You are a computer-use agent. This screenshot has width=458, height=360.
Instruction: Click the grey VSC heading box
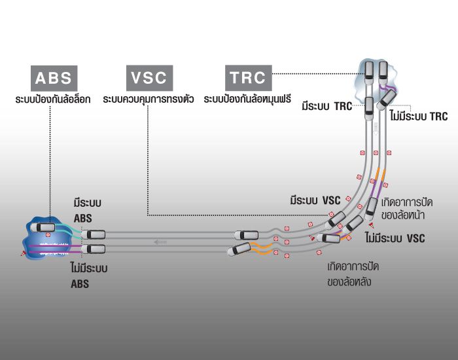point(149,78)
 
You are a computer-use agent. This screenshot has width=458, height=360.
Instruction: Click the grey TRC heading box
point(247,78)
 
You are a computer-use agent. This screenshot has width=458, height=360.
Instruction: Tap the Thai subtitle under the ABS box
point(54,100)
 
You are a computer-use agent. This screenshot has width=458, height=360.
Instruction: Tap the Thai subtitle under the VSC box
point(148,100)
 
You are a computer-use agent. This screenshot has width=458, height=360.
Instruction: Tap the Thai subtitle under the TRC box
point(247,100)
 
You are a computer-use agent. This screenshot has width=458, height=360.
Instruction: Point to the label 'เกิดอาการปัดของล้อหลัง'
point(353,275)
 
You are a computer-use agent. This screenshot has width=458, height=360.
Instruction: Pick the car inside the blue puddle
point(46,227)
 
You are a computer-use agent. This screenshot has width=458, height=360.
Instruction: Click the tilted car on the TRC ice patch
point(386,99)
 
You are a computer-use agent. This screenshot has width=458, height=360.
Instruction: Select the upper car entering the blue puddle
point(94,234)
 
